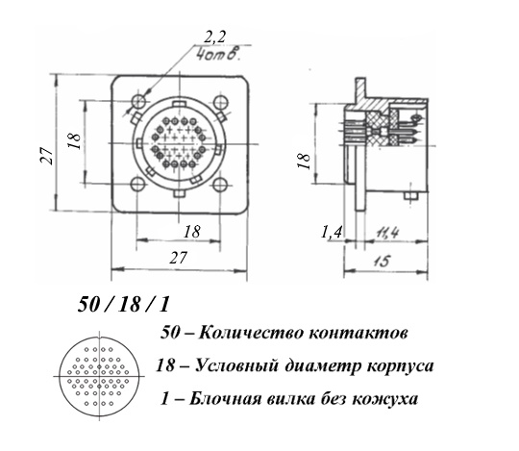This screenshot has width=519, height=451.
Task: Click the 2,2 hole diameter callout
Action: point(214,37)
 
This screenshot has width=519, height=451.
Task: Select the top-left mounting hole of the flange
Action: point(139,101)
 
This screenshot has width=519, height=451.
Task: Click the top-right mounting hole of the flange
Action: point(220,102)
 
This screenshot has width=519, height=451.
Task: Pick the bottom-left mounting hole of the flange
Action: point(137,185)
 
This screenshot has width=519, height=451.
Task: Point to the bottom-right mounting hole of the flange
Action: point(219,185)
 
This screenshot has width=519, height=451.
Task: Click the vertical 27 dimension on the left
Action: point(46,156)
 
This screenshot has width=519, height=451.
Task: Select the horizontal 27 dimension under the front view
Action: point(178,258)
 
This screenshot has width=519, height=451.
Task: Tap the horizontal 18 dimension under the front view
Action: point(192,232)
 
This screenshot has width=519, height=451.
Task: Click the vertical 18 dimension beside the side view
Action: point(304,161)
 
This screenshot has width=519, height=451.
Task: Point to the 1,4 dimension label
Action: point(332,232)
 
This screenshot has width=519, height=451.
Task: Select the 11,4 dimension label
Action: point(387,233)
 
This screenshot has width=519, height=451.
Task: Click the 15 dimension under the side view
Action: point(383,261)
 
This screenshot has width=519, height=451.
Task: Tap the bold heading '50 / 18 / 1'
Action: point(123,304)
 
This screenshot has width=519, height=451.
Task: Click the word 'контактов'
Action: point(358,333)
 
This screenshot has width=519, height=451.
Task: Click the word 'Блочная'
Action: point(225,399)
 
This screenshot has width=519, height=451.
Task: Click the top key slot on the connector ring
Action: point(179,104)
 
